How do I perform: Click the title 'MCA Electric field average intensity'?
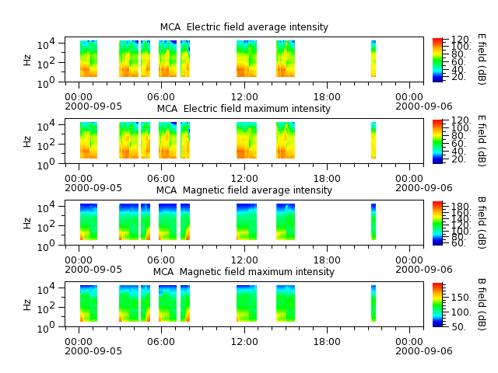tap(244, 27)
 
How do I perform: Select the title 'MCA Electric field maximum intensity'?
tap(244, 109)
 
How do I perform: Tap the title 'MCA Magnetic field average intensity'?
tap(244, 190)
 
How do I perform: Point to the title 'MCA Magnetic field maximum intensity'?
tap(244, 272)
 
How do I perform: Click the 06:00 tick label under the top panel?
tap(161, 97)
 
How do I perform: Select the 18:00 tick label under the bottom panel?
tap(327, 342)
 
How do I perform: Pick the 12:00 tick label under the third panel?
tap(244, 260)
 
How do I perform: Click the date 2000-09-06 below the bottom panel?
tap(423, 351)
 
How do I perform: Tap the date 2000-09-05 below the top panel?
tap(93, 106)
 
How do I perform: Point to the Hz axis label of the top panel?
tap(28, 60)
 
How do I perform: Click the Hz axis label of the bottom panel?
tap(28, 305)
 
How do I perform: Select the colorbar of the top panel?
tap(437, 60)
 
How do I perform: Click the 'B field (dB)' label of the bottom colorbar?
tap(482, 305)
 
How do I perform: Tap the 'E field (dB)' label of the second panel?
tap(482, 141)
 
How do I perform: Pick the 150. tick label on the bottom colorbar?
tap(461, 298)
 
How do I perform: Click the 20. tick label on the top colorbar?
tap(458, 77)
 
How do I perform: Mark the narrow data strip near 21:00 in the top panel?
tap(373, 59)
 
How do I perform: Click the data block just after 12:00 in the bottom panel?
tap(247, 304)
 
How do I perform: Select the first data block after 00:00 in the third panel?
tap(89, 222)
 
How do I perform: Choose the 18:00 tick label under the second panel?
tap(327, 179)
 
